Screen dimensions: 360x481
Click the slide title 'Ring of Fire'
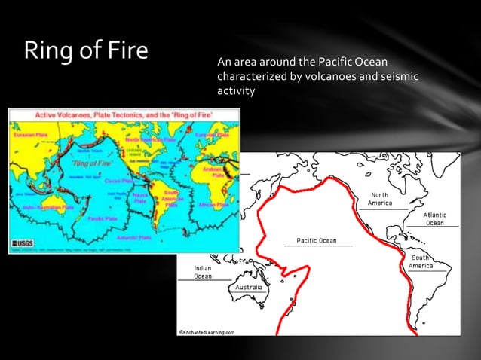tap(85, 50)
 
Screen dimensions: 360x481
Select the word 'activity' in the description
tap(236, 91)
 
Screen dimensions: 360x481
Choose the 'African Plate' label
tap(213, 205)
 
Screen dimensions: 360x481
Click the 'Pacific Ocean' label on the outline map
tap(316, 240)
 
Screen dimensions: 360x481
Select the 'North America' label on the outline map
tap(379, 199)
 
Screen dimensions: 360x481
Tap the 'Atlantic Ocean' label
tap(434, 218)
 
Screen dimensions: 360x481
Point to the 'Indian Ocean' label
tap(202, 272)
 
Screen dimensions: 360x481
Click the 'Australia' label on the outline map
tap(249, 288)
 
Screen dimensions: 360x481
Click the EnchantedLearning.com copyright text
tap(207, 331)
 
